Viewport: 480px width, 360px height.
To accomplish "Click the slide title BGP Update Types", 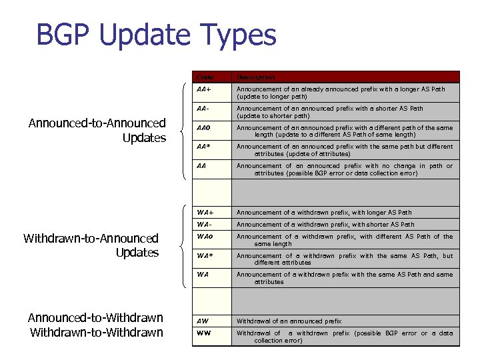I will (156, 35).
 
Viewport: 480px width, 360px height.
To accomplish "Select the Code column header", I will (204, 77).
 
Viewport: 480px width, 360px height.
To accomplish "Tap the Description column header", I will (256, 77).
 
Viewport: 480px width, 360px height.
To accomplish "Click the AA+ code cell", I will (205, 89).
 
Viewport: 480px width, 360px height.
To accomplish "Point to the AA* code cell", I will (204, 147).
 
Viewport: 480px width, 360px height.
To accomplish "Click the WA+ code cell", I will (205, 213).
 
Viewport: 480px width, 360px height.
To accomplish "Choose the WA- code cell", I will (205, 225).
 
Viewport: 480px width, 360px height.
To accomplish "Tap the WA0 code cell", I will (205, 237).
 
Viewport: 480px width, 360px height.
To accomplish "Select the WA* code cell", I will (205, 255).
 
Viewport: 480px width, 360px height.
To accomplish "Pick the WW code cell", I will (204, 333).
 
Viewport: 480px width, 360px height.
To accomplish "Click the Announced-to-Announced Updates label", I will (97, 130).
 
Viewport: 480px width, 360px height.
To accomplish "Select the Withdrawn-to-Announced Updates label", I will (91, 245).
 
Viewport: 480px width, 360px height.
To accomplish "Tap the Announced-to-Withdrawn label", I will (95, 318).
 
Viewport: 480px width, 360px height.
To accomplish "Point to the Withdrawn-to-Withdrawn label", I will (96, 332).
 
